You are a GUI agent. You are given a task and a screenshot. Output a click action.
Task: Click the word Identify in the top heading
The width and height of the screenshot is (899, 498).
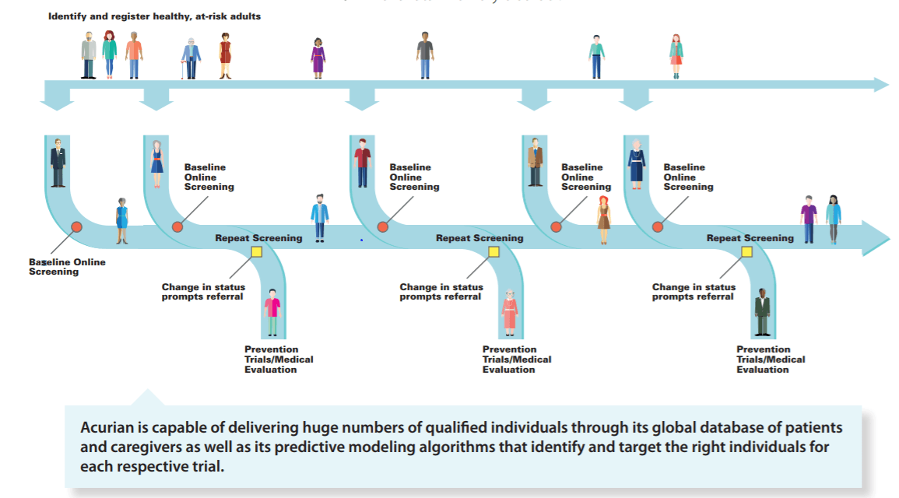pyautogui.click(x=66, y=16)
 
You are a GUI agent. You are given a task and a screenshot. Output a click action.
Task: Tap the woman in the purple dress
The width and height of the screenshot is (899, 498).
pyautogui.click(x=318, y=57)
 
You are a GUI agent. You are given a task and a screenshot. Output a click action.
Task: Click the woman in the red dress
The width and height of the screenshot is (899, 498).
pyautogui.click(x=226, y=56)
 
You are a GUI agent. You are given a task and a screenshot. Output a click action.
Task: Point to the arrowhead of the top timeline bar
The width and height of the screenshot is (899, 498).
pyautogui.click(x=881, y=85)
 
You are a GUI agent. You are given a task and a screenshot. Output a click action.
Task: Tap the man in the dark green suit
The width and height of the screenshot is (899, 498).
pyautogui.click(x=762, y=312)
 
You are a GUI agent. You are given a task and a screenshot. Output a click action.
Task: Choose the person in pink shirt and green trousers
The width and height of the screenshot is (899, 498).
pyautogui.click(x=272, y=312)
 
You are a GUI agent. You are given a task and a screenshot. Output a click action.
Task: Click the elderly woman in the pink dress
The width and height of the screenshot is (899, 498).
pyautogui.click(x=510, y=310)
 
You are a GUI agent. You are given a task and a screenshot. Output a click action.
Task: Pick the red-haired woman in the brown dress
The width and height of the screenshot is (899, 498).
pyautogui.click(x=604, y=219)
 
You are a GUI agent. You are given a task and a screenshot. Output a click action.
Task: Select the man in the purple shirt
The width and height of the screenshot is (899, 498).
pyautogui.click(x=809, y=219)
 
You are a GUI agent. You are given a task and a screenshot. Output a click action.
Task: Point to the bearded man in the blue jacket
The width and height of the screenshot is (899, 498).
pyautogui.click(x=320, y=216)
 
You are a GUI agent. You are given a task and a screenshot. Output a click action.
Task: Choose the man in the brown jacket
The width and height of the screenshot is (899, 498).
pyautogui.click(x=535, y=162)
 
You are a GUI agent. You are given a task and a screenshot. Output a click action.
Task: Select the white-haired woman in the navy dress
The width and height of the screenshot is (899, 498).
pyautogui.click(x=637, y=164)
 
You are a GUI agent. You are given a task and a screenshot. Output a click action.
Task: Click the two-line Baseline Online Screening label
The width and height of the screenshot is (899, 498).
pyautogui.click(x=67, y=267)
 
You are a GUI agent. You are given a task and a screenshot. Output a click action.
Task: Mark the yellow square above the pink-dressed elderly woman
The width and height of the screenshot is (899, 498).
pyautogui.click(x=493, y=251)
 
